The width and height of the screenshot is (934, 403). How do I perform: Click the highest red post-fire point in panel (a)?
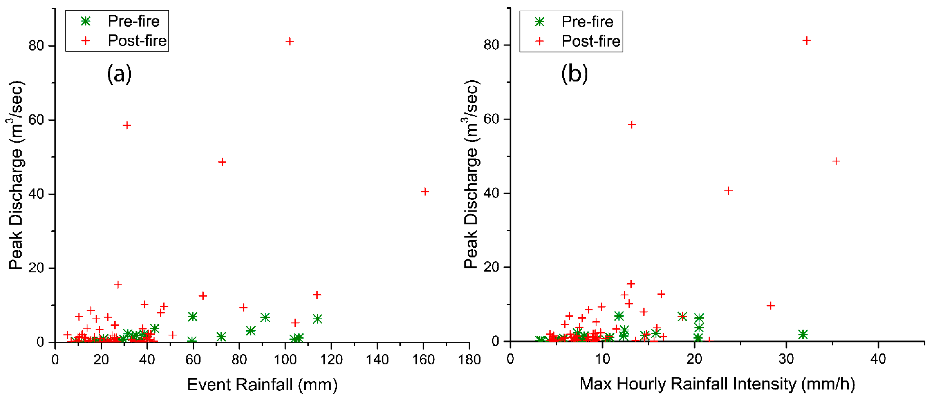tap(289, 41)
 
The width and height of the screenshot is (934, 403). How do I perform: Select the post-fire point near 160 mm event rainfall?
tap(425, 192)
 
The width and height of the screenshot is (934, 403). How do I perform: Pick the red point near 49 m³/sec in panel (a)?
tap(222, 162)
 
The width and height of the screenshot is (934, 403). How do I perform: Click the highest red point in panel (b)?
tap(806, 41)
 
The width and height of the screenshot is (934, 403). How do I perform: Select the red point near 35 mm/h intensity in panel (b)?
tap(836, 161)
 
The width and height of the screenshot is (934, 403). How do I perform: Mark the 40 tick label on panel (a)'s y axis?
tap(36, 194)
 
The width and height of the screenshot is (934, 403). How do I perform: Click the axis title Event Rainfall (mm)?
tap(262, 385)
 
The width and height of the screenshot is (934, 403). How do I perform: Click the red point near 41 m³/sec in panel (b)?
tap(728, 191)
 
